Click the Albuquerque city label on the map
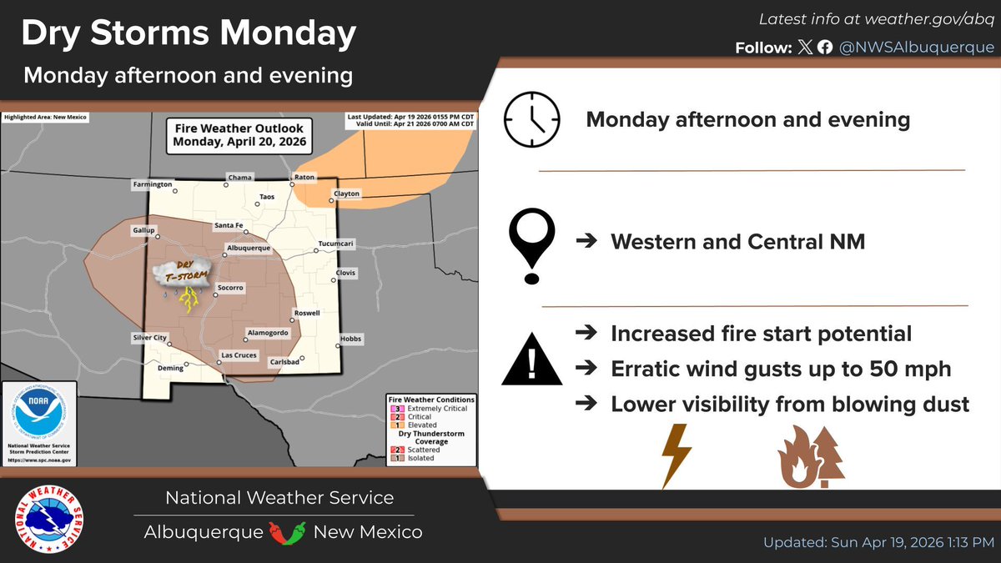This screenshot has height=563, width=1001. click(x=249, y=249)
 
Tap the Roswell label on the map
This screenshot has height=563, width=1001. click(x=305, y=313)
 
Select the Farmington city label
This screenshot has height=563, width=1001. click(x=152, y=183)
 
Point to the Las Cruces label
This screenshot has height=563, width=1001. click(x=239, y=355)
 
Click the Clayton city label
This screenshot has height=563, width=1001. click(x=346, y=194)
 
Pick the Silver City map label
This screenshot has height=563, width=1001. click(x=150, y=338)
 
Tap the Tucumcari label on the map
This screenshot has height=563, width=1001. click(x=336, y=244)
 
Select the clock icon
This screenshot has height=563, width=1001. click(x=531, y=119)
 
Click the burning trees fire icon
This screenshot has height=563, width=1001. click(x=811, y=456)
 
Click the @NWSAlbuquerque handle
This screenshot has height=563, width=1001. click(x=911, y=48)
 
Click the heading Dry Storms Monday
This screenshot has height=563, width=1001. click(x=189, y=34)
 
